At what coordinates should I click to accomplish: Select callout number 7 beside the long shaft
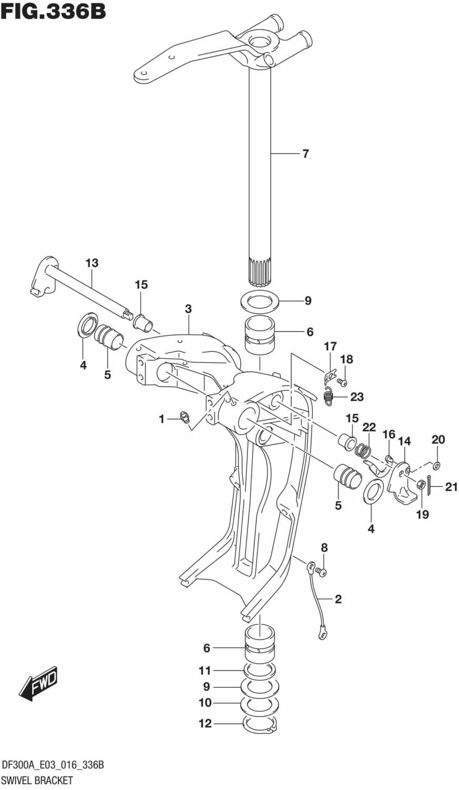tap(305, 154)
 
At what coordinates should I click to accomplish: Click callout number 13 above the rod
tap(92, 263)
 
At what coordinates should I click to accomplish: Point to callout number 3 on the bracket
tap(188, 309)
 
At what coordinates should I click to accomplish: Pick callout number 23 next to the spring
tap(357, 397)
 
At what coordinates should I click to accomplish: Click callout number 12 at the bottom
tap(205, 724)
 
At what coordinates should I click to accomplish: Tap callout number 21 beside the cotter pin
tap(451, 487)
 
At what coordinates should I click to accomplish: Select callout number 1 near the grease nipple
tap(162, 419)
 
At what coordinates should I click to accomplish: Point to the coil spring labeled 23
tap(328, 396)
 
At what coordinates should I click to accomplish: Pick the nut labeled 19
tap(422, 485)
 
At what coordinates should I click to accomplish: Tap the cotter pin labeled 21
tap(430, 485)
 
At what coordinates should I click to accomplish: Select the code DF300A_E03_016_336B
tap(53, 765)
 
